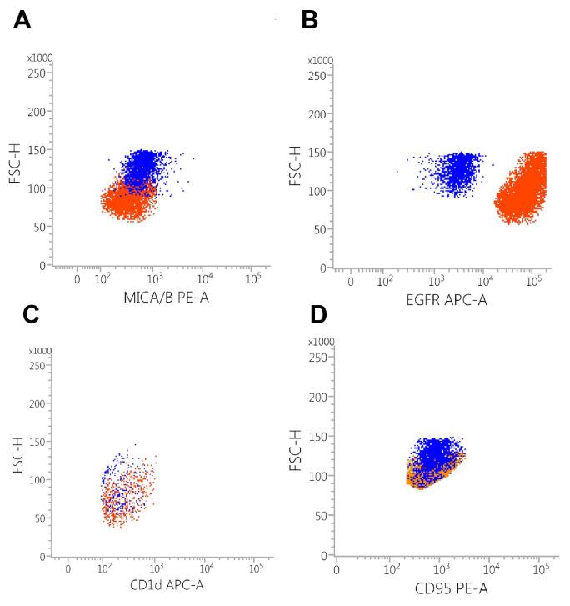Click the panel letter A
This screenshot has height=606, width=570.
[x=22, y=20]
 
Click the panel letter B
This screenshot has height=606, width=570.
[x=309, y=20]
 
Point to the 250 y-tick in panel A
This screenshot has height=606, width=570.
[x=38, y=73]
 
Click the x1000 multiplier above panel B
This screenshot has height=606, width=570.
[x=320, y=61]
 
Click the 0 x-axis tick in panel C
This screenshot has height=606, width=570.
[x=68, y=568]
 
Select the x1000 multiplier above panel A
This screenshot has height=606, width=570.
[x=38, y=58]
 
